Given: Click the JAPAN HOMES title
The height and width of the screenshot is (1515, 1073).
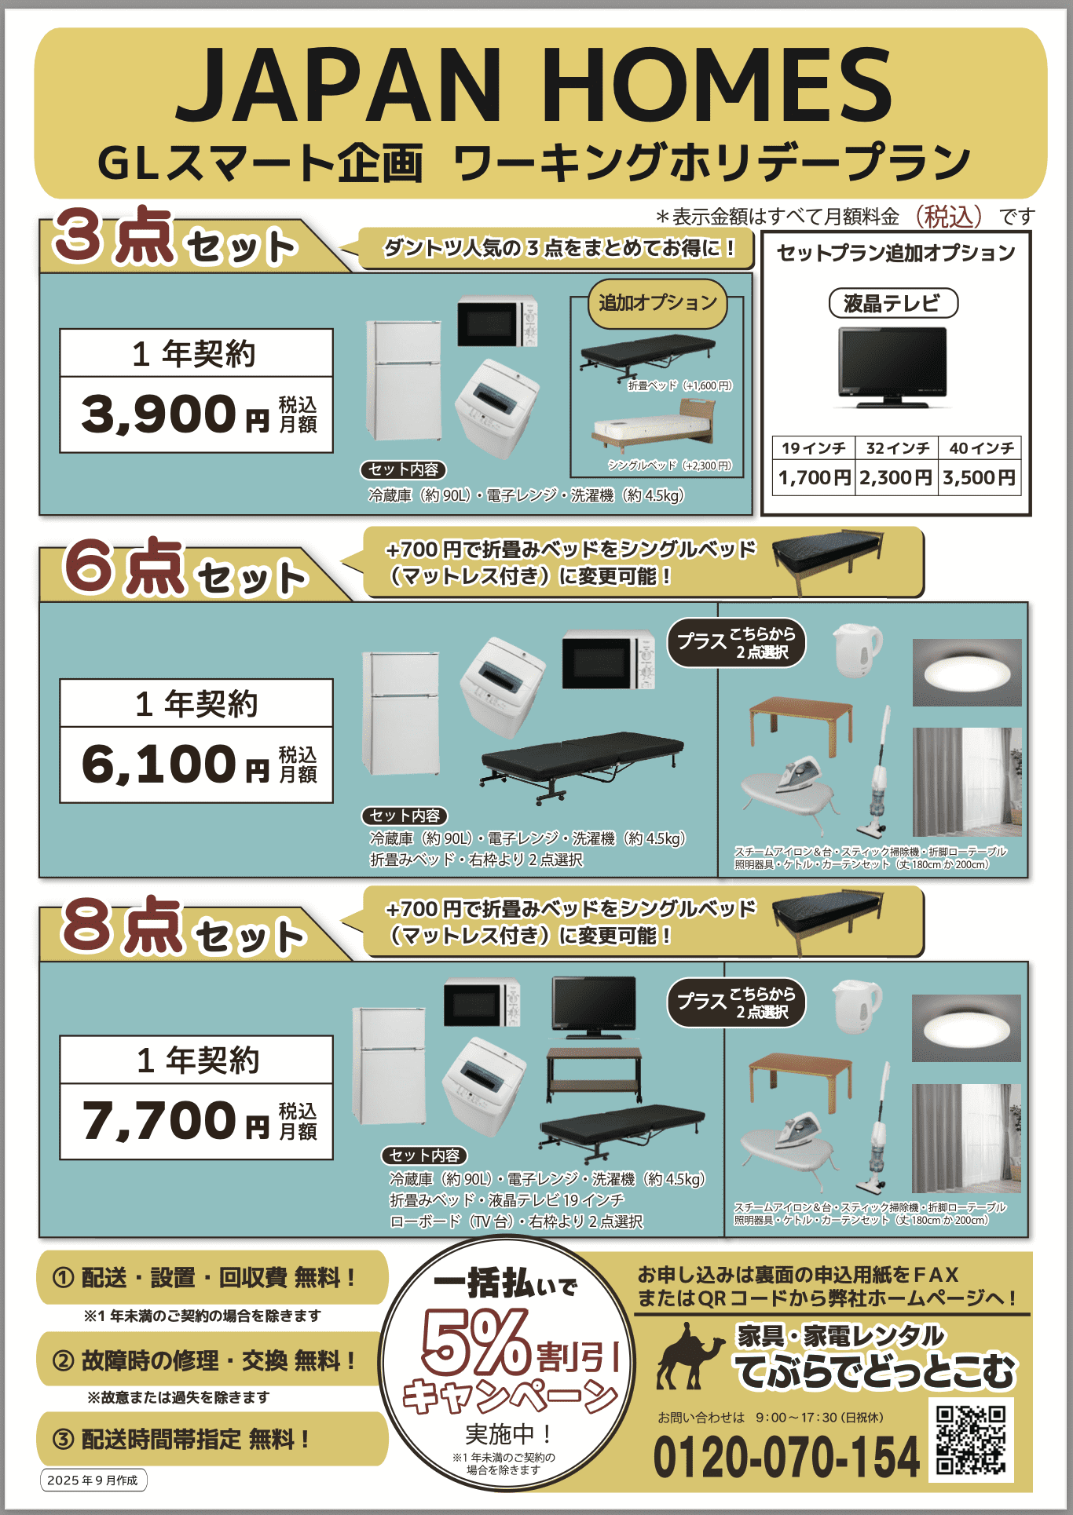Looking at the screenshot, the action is click(534, 85).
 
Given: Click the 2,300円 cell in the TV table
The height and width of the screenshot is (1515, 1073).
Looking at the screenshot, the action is click(896, 477).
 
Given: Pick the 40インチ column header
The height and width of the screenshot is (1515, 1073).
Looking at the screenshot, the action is click(981, 448).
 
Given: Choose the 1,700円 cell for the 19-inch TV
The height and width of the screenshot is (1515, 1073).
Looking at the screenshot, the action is click(815, 477).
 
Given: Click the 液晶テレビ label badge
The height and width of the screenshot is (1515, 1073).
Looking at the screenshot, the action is click(893, 303).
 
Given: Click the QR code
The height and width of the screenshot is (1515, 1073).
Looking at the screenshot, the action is click(972, 1439).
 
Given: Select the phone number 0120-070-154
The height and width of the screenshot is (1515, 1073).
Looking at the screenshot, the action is click(786, 1457).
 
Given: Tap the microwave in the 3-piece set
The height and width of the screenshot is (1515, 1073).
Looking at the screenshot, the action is click(497, 321).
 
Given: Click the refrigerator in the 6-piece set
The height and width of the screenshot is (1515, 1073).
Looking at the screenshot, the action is click(401, 713).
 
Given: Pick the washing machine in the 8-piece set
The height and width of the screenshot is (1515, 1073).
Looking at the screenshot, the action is click(485, 1086).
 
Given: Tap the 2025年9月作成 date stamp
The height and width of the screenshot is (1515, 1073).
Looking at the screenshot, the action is click(93, 1480).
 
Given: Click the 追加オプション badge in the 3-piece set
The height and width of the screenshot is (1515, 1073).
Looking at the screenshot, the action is click(658, 303).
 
